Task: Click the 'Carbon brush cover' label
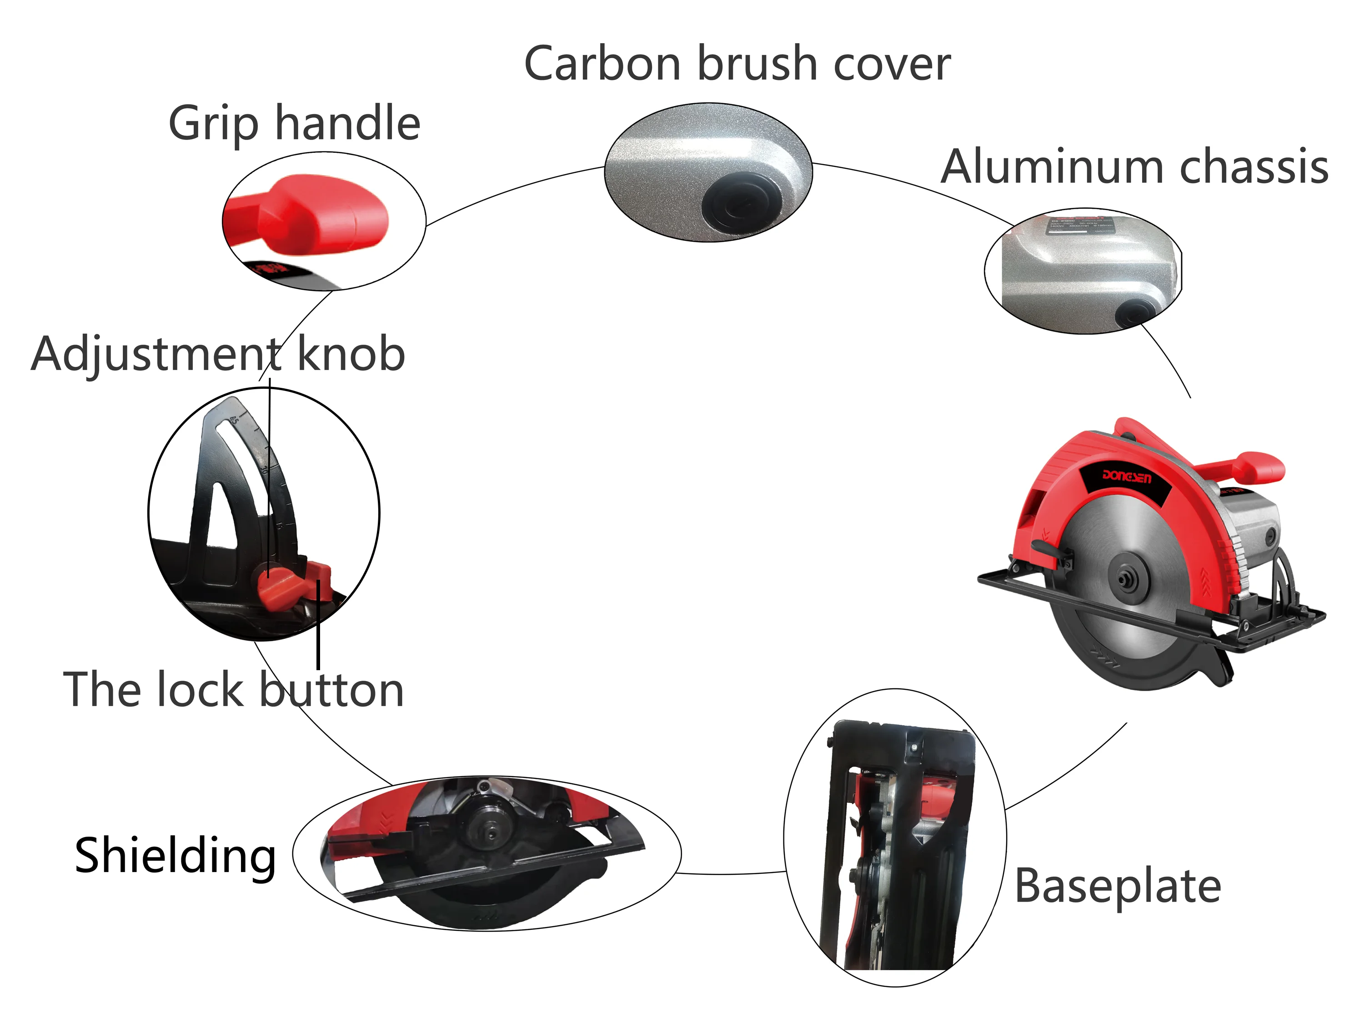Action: [x=737, y=64]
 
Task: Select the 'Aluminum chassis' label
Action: [x=1134, y=167]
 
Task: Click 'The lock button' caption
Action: [x=233, y=689]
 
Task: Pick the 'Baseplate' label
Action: [x=1118, y=886]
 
